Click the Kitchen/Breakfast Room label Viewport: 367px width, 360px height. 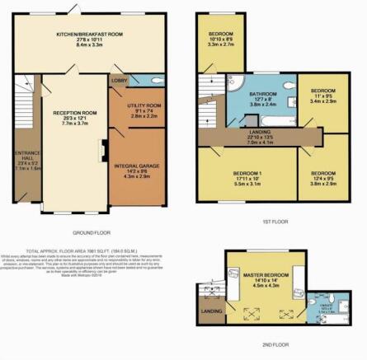[x=89, y=34]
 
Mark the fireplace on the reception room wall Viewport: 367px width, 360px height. [x=101, y=152]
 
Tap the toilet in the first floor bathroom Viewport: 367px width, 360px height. [x=284, y=85]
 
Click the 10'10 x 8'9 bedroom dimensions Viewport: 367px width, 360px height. [x=219, y=39]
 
